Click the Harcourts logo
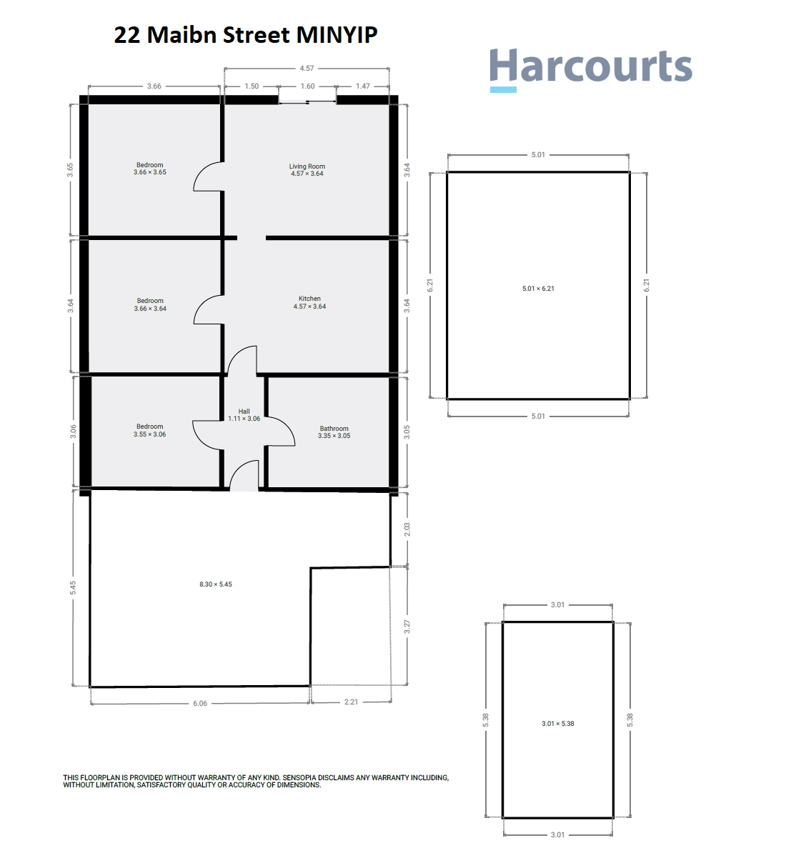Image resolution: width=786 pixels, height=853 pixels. coord(590,68)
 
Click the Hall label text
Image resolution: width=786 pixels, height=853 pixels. coord(244,411)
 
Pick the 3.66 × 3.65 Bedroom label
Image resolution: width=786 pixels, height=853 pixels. coord(150,169)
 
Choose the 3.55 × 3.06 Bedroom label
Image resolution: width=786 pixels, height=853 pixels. coord(150,430)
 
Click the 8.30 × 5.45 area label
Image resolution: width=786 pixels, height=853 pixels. coord(216,584)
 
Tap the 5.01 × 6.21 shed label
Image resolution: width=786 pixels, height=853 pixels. coord(538,289)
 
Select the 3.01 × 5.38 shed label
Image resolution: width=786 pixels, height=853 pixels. coord(558,724)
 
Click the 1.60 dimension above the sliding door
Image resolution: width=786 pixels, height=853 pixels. coord(307,86)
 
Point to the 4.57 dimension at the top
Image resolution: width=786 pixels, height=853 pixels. coord(307,69)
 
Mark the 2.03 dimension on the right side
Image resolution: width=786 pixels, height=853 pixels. coord(407,529)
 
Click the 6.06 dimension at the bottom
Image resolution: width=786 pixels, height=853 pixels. coord(200,704)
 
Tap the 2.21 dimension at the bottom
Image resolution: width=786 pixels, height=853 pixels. coord(351,702)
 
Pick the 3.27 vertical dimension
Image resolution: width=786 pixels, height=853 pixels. coord(407,627)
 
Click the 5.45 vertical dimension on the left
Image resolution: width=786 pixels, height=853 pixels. coord(73,587)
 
